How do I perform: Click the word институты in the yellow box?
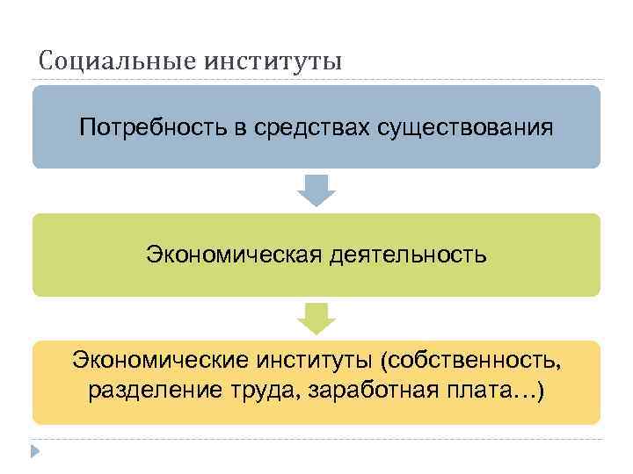coord(317,360)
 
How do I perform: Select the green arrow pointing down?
coord(316,318)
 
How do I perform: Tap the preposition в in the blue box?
coord(240,128)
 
